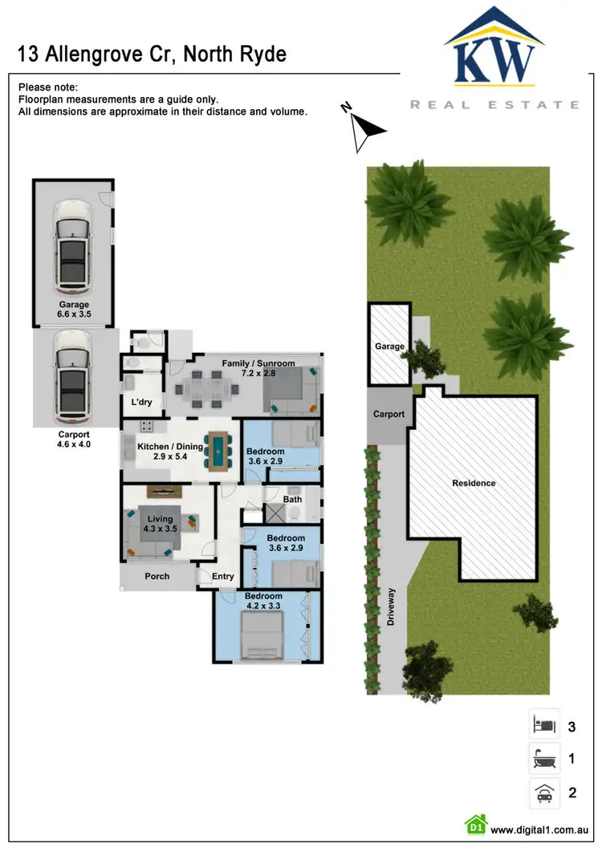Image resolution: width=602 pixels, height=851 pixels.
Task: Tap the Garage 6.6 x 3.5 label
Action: pos(73,310)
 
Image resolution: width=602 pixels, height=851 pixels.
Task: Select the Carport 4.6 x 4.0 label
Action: pos(73,438)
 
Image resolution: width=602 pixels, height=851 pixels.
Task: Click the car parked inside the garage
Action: pos(72,247)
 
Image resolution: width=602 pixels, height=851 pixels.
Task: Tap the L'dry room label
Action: pos(142,402)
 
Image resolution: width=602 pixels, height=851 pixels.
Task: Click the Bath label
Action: pos(292,499)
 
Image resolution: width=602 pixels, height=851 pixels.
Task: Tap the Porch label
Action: pos(157,576)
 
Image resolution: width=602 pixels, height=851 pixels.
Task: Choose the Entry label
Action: pos(222,576)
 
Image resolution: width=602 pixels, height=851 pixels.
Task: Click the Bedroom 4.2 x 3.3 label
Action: pos(264,602)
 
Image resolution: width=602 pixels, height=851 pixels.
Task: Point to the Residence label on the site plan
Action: pos(474,483)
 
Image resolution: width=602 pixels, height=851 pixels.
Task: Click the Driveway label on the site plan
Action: pos(392,608)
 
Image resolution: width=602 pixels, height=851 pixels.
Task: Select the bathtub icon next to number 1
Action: pos(544,759)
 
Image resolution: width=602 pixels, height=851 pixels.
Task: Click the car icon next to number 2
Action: pos(544,793)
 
